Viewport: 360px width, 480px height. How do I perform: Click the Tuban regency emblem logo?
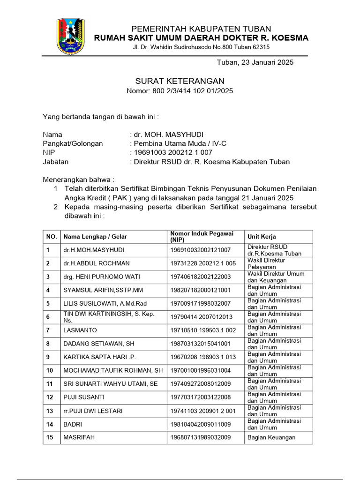coord(71,37)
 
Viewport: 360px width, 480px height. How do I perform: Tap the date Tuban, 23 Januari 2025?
coord(255,62)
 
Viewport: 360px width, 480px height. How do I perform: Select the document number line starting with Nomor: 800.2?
coord(180,91)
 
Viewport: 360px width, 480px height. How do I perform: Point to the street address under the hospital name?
coord(201,47)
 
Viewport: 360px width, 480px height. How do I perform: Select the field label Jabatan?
coord(56,162)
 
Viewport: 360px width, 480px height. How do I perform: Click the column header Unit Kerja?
coord(262,237)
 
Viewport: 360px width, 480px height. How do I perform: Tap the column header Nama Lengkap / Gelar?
coord(95,237)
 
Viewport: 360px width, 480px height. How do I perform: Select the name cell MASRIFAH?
coord(79,437)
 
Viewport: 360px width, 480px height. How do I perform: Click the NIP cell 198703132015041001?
coord(200,344)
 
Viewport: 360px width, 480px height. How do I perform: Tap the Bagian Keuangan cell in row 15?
coord(271,437)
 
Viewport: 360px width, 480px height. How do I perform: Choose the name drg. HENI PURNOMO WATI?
coord(102,277)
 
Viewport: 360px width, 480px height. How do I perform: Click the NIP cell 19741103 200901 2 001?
coord(203,411)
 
